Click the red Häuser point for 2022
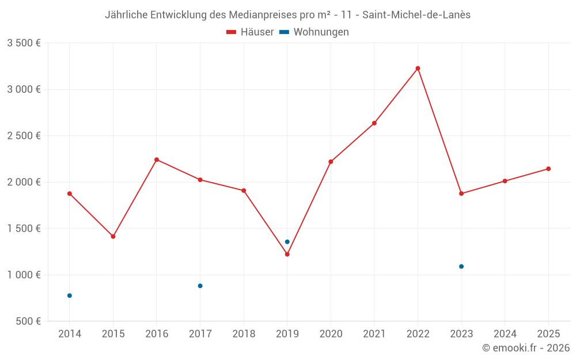(418, 69)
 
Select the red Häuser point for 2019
(287, 254)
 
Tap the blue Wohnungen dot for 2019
(287, 242)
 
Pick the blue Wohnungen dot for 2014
(70, 295)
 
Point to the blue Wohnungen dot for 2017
(200, 286)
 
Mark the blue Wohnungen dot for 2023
(461, 267)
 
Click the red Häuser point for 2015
(113, 237)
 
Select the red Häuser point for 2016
(157, 160)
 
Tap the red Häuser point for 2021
(374, 123)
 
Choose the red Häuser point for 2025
(548, 169)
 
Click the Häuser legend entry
(250, 32)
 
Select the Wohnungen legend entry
(314, 32)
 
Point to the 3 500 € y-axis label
(24, 43)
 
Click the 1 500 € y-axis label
(24, 229)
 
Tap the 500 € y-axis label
(28, 321)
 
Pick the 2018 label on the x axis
(244, 334)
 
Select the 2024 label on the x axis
(505, 334)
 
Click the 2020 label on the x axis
(331, 334)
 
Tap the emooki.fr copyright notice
(525, 348)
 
